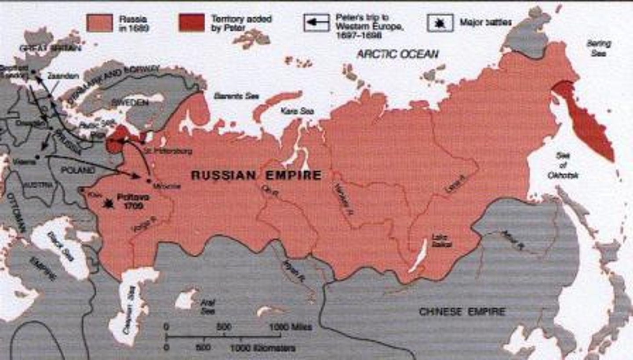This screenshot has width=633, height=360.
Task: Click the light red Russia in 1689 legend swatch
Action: [x=99, y=23]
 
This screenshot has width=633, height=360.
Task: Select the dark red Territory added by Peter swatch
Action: [x=192, y=23]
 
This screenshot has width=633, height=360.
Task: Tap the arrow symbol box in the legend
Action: [x=316, y=23]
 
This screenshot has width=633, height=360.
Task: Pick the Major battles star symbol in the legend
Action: [x=440, y=23]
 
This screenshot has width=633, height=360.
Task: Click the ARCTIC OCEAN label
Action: [x=397, y=54]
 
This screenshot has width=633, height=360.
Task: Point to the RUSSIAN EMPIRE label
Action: [x=257, y=175]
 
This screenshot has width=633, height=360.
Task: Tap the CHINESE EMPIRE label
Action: [x=462, y=312]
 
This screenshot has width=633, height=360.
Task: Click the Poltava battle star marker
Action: [x=107, y=203]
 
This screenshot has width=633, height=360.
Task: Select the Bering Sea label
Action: [x=598, y=48]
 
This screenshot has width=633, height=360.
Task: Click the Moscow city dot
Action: [x=149, y=181]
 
